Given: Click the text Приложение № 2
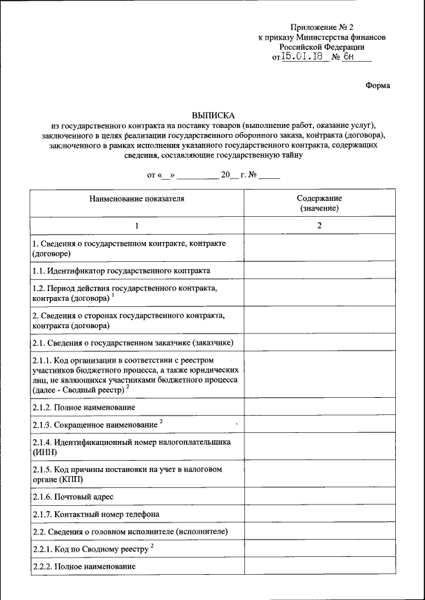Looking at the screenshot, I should [321, 27].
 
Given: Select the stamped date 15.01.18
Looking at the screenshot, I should [301, 58].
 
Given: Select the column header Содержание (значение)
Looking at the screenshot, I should [319, 203].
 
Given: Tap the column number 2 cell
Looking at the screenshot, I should [319, 226].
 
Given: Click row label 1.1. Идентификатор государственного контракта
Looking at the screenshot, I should [121, 270].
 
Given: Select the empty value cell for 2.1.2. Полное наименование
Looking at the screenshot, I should [319, 406].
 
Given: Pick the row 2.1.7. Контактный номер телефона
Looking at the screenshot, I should [96, 514].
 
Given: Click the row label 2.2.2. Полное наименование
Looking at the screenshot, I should [84, 567].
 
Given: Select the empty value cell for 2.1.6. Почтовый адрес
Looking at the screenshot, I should [319, 496].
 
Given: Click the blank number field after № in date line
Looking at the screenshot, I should [270, 176].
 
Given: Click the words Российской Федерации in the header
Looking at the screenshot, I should [321, 47].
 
